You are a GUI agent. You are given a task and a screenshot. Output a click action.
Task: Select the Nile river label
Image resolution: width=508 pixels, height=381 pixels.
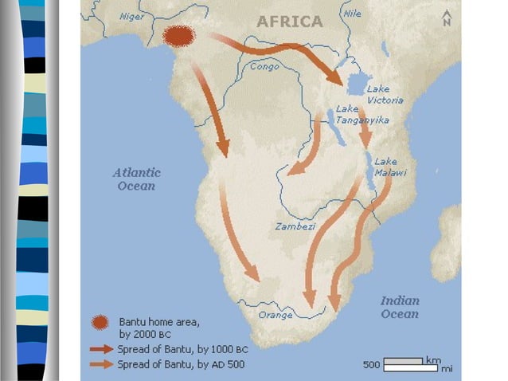click(x=351, y=13)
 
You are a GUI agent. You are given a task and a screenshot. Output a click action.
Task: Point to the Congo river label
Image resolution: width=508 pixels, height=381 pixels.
click(x=265, y=67)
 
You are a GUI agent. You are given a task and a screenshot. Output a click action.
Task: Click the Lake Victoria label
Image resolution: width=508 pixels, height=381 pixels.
click(x=385, y=95)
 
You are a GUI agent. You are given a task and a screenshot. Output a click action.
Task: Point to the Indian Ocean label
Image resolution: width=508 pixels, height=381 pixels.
click(x=399, y=307)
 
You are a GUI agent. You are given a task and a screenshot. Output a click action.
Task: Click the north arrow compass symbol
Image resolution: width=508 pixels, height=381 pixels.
click(x=446, y=19)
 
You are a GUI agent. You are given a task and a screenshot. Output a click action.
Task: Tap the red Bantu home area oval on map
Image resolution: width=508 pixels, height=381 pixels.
click(x=179, y=36)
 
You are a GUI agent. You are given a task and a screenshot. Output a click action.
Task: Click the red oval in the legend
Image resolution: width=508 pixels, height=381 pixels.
click(x=100, y=322)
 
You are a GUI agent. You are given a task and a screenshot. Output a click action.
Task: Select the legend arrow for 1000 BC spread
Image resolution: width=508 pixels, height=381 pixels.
click(x=101, y=348)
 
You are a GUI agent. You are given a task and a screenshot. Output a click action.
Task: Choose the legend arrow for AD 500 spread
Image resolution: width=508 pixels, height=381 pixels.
click(x=101, y=364)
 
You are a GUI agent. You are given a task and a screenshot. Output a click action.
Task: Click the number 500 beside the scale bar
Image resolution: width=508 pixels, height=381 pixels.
click(x=371, y=365)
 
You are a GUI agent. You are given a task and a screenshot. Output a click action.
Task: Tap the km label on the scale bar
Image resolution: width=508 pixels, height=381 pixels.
click(x=433, y=359)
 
